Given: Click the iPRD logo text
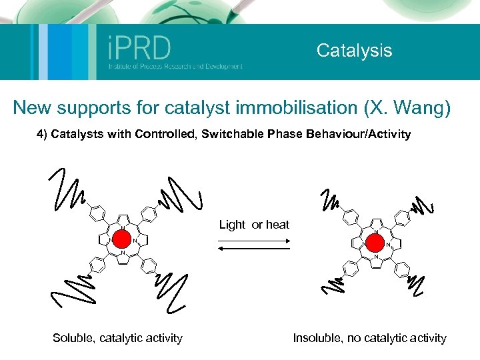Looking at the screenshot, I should click(139, 48).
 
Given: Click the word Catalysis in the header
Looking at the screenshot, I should click(354, 51).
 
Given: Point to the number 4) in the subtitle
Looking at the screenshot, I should click(43, 134).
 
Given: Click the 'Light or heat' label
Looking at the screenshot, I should click(254, 225).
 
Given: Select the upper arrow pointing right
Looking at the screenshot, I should click(254, 238).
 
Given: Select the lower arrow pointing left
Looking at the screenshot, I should click(254, 248).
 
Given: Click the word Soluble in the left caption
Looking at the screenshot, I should click(74, 338).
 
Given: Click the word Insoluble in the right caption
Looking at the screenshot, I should click(317, 338).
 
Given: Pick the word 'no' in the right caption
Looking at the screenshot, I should click(354, 338).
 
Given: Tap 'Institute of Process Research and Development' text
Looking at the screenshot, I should click(175, 67).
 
